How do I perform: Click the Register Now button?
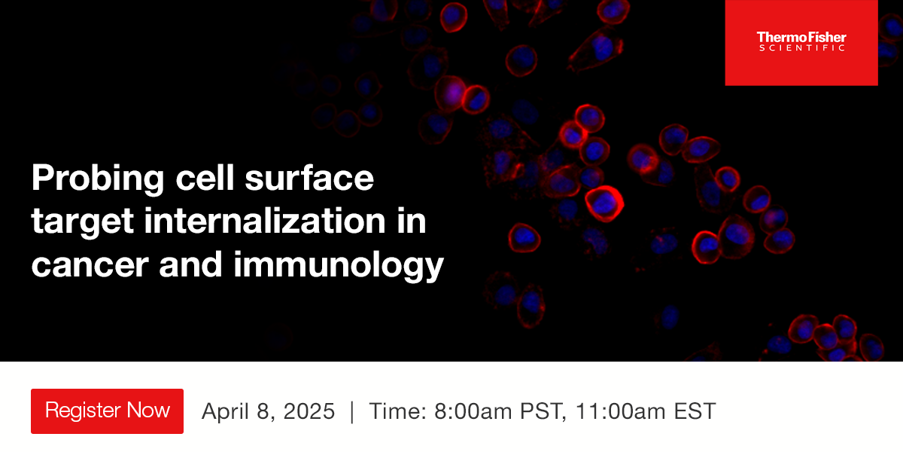(x=107, y=411)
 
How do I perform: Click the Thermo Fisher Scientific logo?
(x=801, y=42)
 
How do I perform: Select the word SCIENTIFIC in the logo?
(x=801, y=48)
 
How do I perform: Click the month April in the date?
(x=223, y=411)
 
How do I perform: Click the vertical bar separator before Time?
(x=351, y=411)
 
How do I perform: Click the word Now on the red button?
(x=148, y=411)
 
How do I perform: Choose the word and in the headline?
(x=193, y=265)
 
